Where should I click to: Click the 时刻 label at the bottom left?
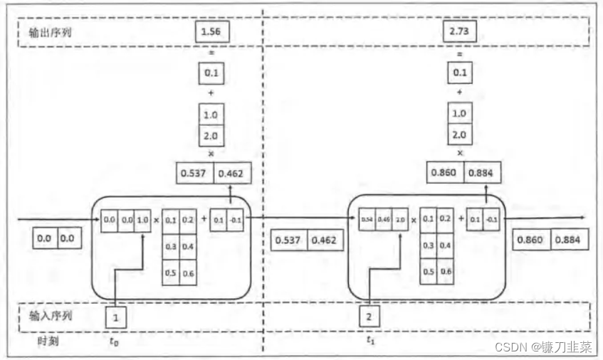(47, 341)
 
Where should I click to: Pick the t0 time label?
(115, 341)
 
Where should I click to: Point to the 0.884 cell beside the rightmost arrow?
(567, 240)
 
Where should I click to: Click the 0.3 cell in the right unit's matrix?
(429, 245)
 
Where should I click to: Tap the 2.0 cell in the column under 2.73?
(459, 134)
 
